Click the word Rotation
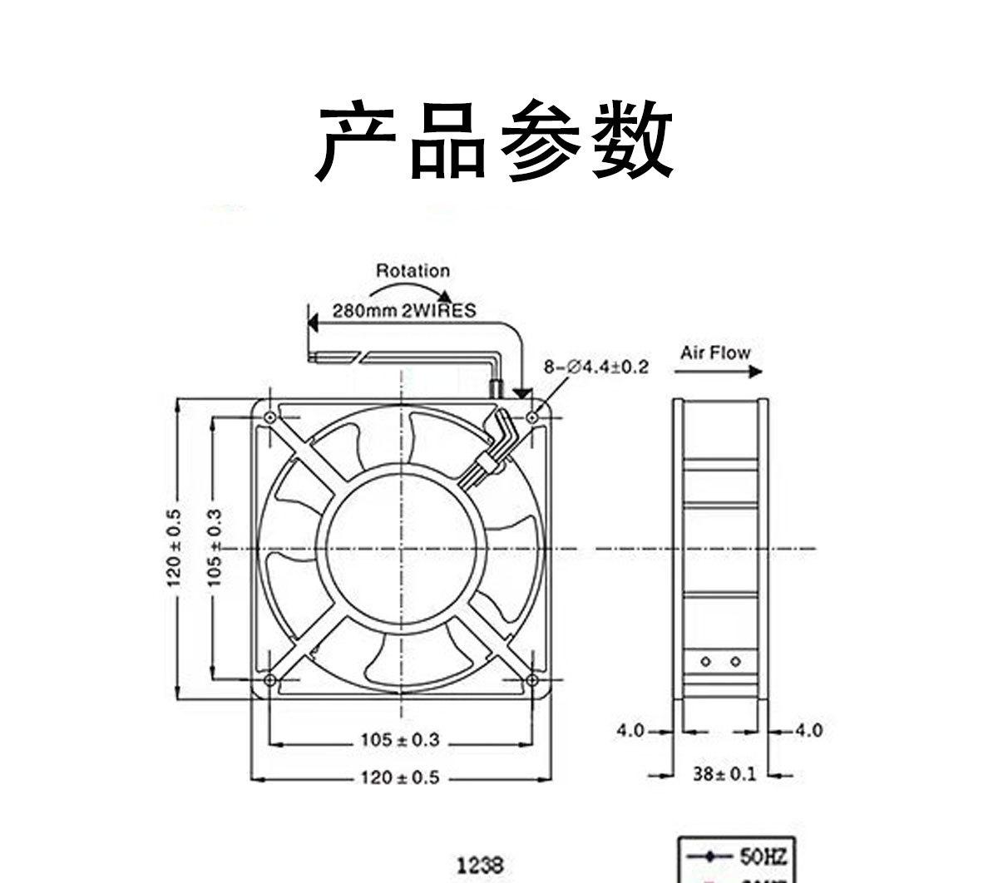[413, 270]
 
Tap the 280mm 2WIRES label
[404, 311]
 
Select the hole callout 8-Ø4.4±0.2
[596, 367]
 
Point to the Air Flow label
[714, 353]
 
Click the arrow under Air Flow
[720, 372]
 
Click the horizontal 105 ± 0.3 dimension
[399, 739]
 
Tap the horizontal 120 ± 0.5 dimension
[399, 777]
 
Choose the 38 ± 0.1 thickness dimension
[725, 774]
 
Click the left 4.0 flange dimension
[630, 730]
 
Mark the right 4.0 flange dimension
[808, 730]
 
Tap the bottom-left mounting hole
[270, 680]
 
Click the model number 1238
[481, 866]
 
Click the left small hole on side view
[705, 662]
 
